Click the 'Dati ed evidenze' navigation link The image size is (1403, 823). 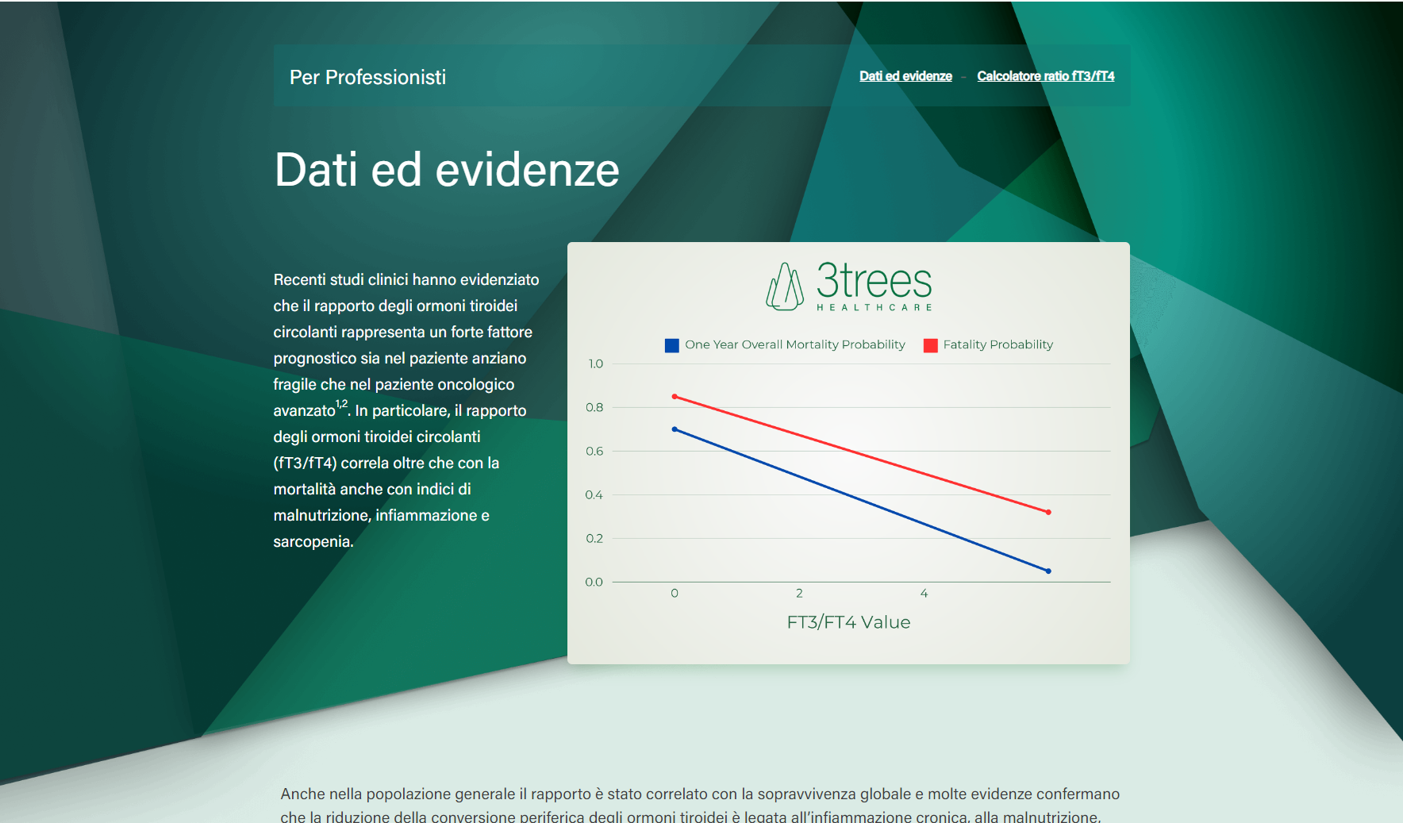905,76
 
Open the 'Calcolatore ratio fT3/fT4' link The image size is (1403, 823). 1046,76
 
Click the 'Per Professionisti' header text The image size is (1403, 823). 367,77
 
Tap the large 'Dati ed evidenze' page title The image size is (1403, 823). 447,170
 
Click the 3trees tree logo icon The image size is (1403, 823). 785,287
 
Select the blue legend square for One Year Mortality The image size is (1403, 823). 672,345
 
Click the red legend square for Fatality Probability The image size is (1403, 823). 931,345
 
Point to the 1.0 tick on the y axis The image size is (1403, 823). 595,364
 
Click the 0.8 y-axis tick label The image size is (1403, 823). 594,408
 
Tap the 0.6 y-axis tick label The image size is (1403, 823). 594,452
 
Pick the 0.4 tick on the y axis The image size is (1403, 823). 594,495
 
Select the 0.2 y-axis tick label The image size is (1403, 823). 594,539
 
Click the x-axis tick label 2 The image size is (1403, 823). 799,594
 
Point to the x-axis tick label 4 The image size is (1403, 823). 924,594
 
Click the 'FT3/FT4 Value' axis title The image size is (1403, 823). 848,622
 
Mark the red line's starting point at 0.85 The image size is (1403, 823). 675,397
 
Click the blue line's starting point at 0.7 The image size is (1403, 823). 675,429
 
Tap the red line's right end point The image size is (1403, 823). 1048,513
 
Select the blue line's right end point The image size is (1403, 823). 1048,571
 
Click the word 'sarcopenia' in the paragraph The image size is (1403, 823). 312,542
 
